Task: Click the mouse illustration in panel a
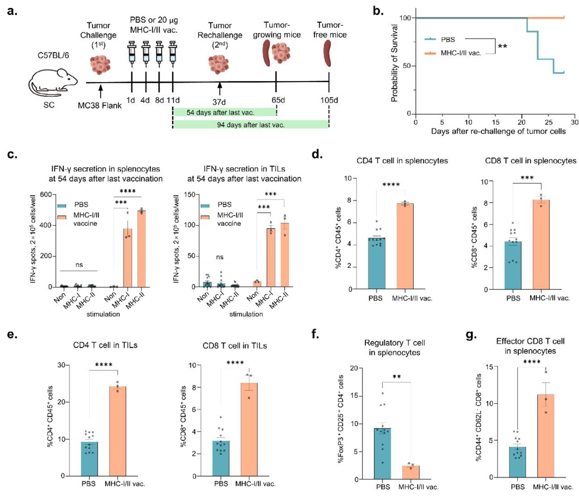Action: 53,82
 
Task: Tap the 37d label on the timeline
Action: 219,102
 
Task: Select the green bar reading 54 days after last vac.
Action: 225,112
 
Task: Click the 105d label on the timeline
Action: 329,100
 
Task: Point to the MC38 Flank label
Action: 100,106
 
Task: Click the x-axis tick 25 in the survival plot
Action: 548,122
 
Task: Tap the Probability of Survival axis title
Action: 394,63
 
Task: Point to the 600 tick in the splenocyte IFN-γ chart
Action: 46,194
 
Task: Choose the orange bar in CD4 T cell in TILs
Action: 117,431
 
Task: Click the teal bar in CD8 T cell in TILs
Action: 221,458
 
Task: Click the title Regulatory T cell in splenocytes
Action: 394,347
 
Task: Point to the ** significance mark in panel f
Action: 396,377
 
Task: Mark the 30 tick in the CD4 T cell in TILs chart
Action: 61,365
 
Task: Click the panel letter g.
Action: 471,335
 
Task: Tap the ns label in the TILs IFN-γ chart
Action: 219,257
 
